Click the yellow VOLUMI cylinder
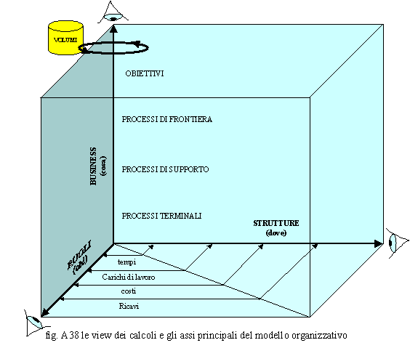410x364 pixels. tap(65, 38)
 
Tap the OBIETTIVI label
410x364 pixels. tap(145, 73)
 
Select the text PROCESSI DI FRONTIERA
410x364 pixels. tap(166, 119)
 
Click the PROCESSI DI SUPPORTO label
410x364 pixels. tap(165, 169)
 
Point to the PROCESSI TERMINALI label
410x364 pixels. tap(161, 216)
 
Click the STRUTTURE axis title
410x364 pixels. tap(276, 223)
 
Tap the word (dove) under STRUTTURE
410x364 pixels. tap(276, 232)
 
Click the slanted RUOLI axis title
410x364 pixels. tap(79, 255)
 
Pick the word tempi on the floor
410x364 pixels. tap(126, 262)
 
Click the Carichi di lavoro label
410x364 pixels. tap(129, 277)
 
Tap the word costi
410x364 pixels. tap(129, 291)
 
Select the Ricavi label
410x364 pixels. tap(129, 306)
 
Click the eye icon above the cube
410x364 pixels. tap(113, 14)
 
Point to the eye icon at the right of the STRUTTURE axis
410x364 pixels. tap(397, 243)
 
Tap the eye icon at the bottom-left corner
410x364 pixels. tap(36, 323)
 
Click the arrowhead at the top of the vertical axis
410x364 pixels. tap(113, 28)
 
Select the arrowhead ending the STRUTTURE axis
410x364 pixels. tap(378, 244)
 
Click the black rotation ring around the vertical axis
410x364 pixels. tap(113, 53)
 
